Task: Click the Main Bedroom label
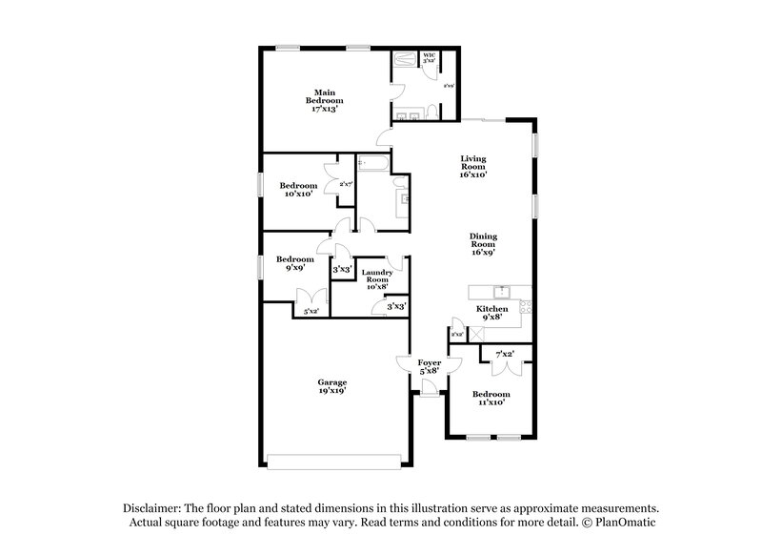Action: click(325, 100)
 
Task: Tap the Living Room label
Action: click(473, 167)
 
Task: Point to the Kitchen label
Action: click(492, 313)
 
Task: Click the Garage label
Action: click(332, 387)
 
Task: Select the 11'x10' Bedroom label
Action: click(491, 398)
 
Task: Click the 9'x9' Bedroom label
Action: click(295, 264)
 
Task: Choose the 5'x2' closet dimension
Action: click(311, 311)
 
